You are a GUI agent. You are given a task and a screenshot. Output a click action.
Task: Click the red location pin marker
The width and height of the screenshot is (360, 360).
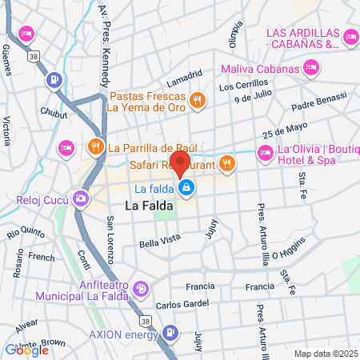pos(180,162)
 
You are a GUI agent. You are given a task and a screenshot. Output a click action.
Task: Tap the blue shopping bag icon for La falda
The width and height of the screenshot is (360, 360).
pos(186,189)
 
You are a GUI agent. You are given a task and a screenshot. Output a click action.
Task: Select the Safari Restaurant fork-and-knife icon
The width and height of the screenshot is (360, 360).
pos(227,162)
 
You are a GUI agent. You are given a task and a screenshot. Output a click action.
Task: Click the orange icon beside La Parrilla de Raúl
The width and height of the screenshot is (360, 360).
pos(95,146)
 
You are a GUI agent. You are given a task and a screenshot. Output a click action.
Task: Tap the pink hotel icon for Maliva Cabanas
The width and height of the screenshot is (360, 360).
pos(311,69)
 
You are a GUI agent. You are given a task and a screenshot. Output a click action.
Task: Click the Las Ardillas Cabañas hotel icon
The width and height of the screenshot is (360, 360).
pos(350,36)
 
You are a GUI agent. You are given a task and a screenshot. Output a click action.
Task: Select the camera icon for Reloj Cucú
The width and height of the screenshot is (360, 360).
pos(80,198)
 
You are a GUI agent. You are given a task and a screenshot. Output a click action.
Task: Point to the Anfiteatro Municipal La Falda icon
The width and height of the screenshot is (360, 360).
pos(140,288)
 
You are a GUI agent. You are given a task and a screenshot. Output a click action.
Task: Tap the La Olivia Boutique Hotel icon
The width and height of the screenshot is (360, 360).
pos(264,152)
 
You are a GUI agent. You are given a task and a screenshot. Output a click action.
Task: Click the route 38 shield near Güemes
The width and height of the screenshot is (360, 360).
pos(32,58)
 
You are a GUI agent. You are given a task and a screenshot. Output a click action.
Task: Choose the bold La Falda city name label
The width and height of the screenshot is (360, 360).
pos(147,206)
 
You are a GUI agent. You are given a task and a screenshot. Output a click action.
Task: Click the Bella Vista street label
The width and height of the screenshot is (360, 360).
pos(158,242)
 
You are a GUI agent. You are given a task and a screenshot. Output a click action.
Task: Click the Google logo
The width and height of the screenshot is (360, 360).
pos(26,350)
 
